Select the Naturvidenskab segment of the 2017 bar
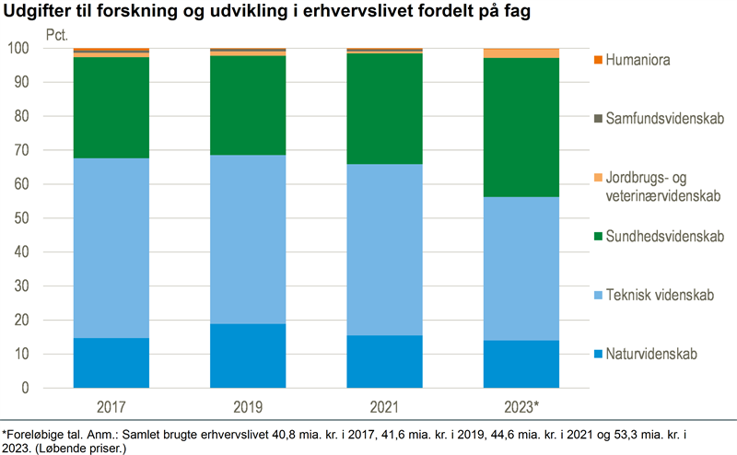click(111, 363)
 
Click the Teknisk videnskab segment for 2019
click(248, 239)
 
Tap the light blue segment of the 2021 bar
click(384, 250)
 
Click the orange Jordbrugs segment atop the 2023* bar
click(521, 53)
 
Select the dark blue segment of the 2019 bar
click(248, 356)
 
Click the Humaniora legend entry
click(644, 60)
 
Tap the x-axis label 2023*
click(521, 406)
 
